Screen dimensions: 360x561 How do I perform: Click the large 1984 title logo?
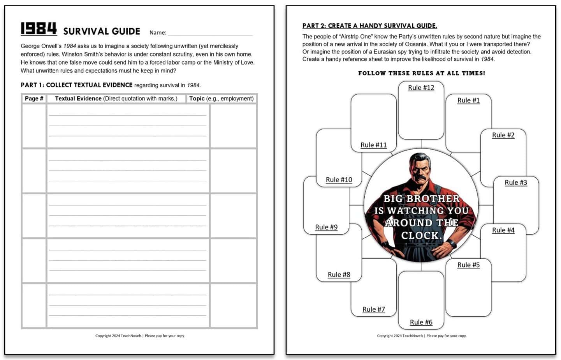[x=39, y=28]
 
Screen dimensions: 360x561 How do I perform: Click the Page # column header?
[x=34, y=99]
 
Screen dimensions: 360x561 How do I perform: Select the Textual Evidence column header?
[x=116, y=99]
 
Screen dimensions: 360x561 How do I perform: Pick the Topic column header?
[x=221, y=99]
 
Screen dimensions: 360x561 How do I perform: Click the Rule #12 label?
[x=421, y=88]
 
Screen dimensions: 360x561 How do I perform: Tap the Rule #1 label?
[x=468, y=100]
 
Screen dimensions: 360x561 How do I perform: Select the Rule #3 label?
[x=516, y=182]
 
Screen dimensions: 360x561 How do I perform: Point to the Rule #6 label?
[x=421, y=322]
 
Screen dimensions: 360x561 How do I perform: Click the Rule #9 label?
[x=326, y=227]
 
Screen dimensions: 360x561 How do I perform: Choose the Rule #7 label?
[x=373, y=309]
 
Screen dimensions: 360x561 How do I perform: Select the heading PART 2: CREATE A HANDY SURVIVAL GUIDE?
[x=369, y=26]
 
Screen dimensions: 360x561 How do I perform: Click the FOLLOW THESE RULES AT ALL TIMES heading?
[x=422, y=73]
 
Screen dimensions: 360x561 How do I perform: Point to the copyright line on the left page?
[x=140, y=335]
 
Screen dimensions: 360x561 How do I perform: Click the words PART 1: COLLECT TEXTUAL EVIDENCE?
[x=76, y=85]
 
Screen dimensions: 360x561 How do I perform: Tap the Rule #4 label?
[x=503, y=230]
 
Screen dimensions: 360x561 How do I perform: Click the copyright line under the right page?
[x=422, y=335]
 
